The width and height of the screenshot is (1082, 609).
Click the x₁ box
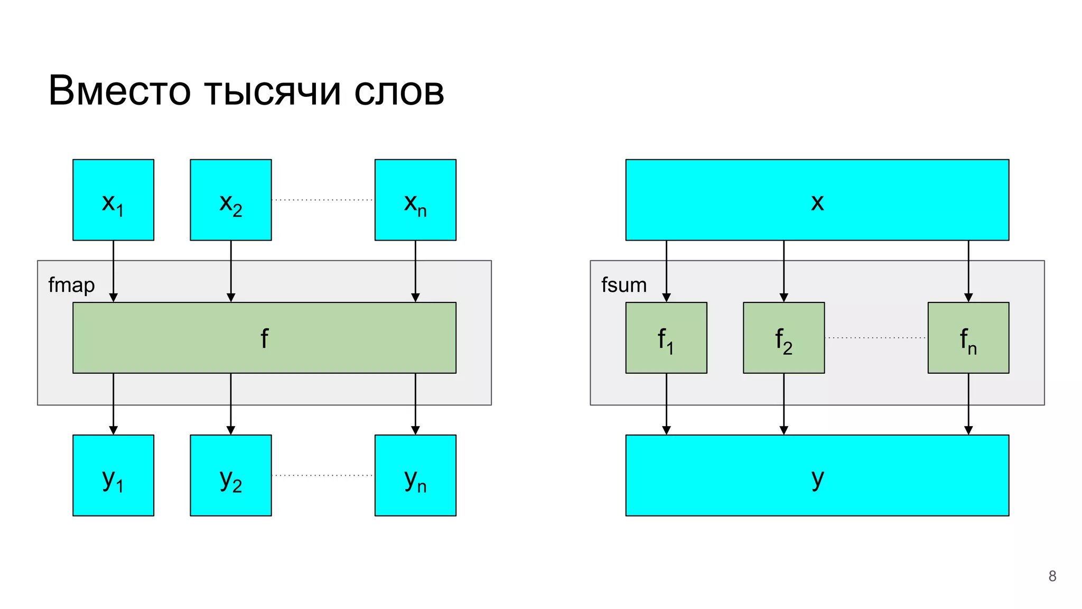[x=113, y=200]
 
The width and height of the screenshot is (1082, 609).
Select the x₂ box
[x=230, y=200]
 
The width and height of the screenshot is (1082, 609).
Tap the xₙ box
[x=415, y=200]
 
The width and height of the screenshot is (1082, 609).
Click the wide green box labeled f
[x=264, y=338]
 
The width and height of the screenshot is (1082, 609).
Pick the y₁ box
[x=113, y=475]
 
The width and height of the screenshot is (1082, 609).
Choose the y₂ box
[x=230, y=475]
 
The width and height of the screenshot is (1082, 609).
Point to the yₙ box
[x=415, y=475]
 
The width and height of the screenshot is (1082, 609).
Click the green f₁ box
[x=666, y=338]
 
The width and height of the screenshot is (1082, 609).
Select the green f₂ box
[x=783, y=338]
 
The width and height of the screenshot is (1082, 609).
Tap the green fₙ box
[x=968, y=338]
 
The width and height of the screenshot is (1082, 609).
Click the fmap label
[x=71, y=285]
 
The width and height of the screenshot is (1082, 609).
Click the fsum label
[x=623, y=285]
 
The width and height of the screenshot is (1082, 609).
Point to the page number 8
[x=1052, y=576]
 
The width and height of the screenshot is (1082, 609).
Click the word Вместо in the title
[x=119, y=91]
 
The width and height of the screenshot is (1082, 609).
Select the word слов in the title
[x=399, y=91]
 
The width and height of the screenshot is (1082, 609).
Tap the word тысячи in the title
[x=272, y=91]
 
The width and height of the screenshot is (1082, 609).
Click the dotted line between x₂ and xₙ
[x=322, y=200]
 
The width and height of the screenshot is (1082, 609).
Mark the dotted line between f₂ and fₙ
[x=875, y=338]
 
